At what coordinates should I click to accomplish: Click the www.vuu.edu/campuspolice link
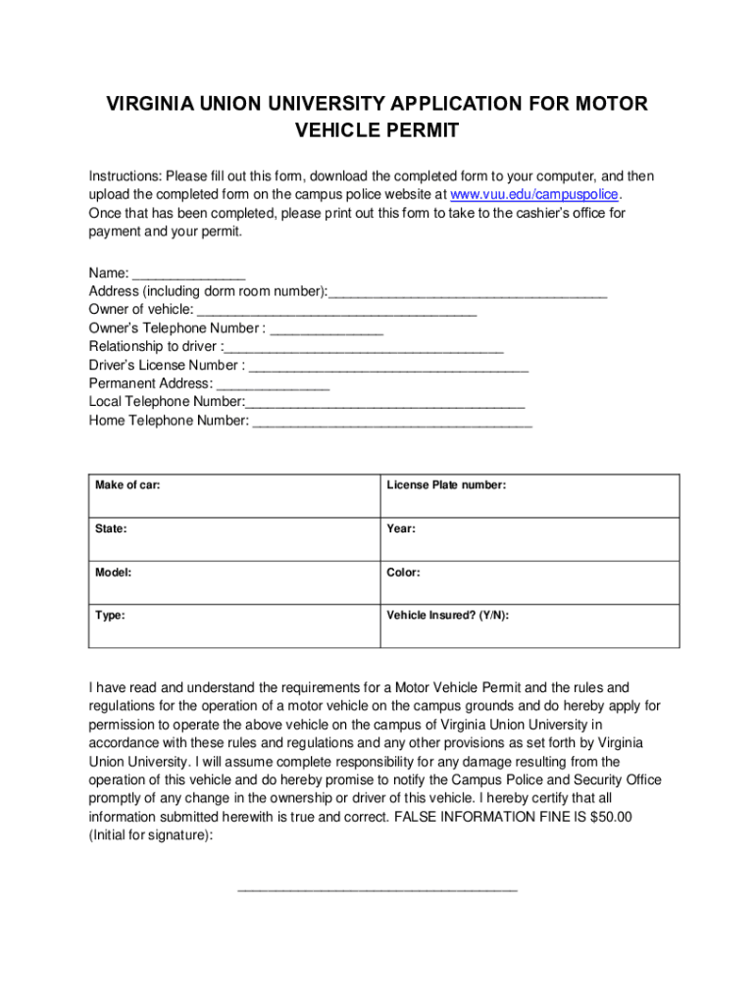[x=534, y=194]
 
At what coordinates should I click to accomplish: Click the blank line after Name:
[x=188, y=275]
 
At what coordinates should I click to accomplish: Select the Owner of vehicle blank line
[x=336, y=311]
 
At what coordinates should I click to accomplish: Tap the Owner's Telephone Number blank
[x=326, y=329]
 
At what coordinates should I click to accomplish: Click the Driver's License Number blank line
[x=388, y=366]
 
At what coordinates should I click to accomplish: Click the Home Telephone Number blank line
[x=391, y=422]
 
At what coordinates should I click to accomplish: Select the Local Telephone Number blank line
[x=384, y=403]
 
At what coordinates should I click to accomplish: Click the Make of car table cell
[x=233, y=496]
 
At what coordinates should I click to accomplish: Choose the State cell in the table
[x=233, y=539]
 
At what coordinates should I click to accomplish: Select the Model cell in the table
[x=233, y=582]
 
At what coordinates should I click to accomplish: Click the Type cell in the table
[x=233, y=626]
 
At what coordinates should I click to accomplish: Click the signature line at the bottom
[x=377, y=888]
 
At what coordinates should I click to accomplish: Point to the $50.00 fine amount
[x=605, y=817]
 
